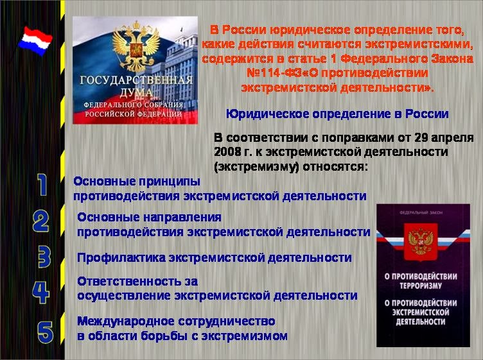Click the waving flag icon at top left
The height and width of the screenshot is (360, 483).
pos(35,41)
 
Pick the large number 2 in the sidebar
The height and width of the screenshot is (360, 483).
pos(40,221)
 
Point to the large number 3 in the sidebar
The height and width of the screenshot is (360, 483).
pos(44,256)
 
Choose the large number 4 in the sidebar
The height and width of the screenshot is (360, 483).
pos(40,292)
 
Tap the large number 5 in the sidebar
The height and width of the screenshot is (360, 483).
pos(45,332)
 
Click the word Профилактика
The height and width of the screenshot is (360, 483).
pos(121,257)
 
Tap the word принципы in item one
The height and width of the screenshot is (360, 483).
pos(170,182)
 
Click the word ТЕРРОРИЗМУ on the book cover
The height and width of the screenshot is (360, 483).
pos(421,286)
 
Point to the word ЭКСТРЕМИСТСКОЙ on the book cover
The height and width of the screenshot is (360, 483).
pos(421,313)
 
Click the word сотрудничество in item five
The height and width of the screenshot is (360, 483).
pos(227,321)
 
